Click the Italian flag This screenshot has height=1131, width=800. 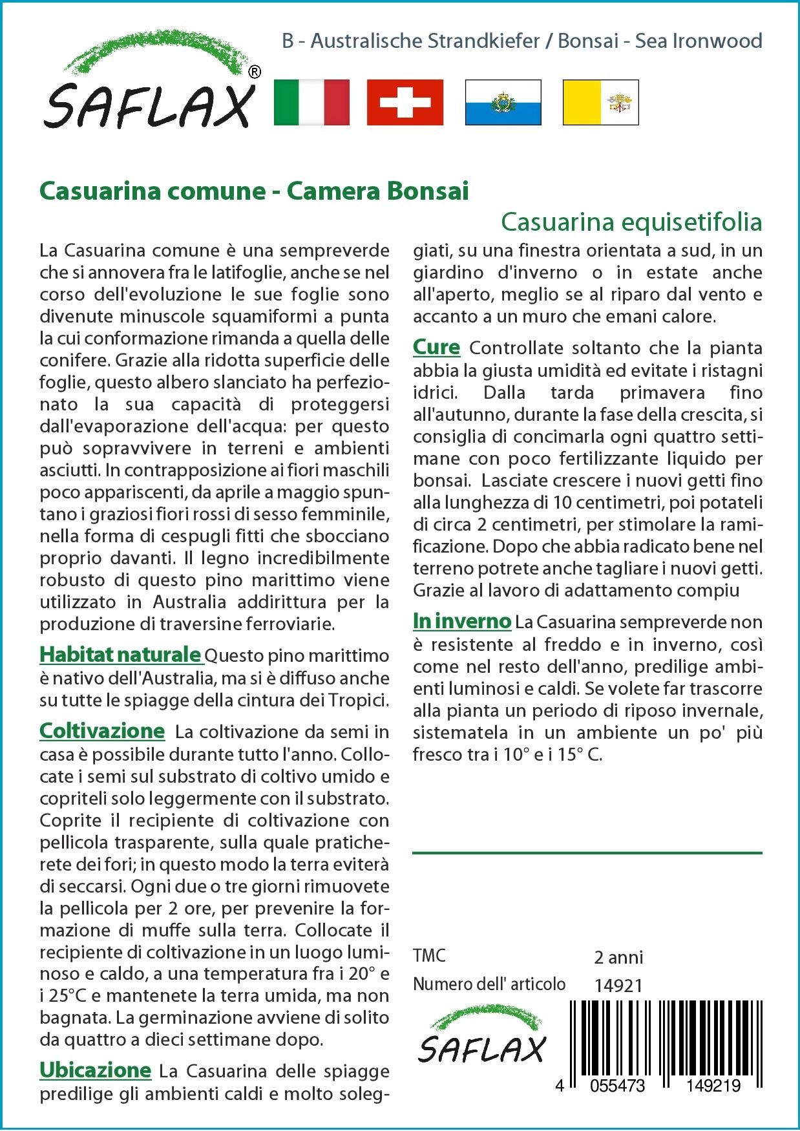pyautogui.click(x=311, y=102)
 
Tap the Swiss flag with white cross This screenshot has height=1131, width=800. pyautogui.click(x=405, y=102)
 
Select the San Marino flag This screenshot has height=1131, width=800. pyautogui.click(x=503, y=102)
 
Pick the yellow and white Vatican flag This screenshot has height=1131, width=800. pyautogui.click(x=600, y=102)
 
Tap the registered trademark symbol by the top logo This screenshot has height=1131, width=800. pyautogui.click(x=255, y=72)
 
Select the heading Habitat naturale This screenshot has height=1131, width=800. pyautogui.click(x=120, y=655)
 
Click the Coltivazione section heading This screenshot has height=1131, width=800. pyautogui.click(x=102, y=731)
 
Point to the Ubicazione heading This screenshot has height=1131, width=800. pyautogui.click(x=95, y=1070)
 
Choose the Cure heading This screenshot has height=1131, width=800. pyautogui.click(x=436, y=347)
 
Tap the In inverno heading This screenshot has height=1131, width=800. pyautogui.click(x=462, y=621)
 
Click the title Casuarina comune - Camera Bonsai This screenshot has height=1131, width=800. pyautogui.click(x=254, y=191)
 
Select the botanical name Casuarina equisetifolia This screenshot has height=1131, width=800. pyautogui.click(x=631, y=222)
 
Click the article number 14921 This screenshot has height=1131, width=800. pyautogui.click(x=618, y=986)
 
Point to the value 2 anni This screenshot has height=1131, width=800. pyautogui.click(x=618, y=957)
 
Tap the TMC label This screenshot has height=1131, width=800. pyautogui.click(x=429, y=955)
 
